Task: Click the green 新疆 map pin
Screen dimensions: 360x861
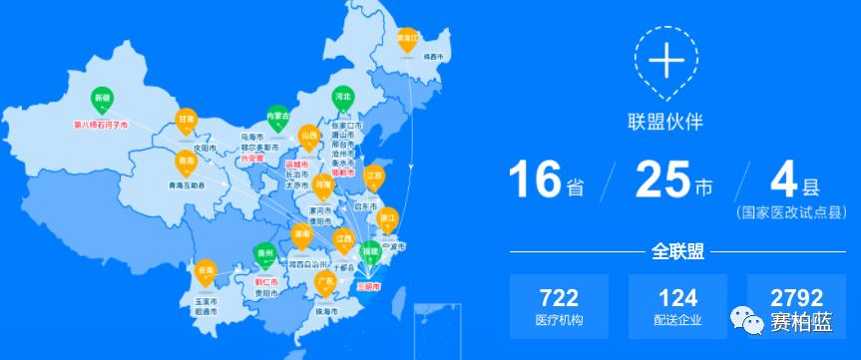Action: pos(103,100)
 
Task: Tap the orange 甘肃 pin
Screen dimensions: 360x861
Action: pos(186,120)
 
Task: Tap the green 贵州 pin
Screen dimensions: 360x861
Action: pos(264,255)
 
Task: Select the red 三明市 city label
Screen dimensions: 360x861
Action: pos(369,285)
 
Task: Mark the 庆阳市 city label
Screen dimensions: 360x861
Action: pos(205,147)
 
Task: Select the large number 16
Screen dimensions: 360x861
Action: pos(537,180)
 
